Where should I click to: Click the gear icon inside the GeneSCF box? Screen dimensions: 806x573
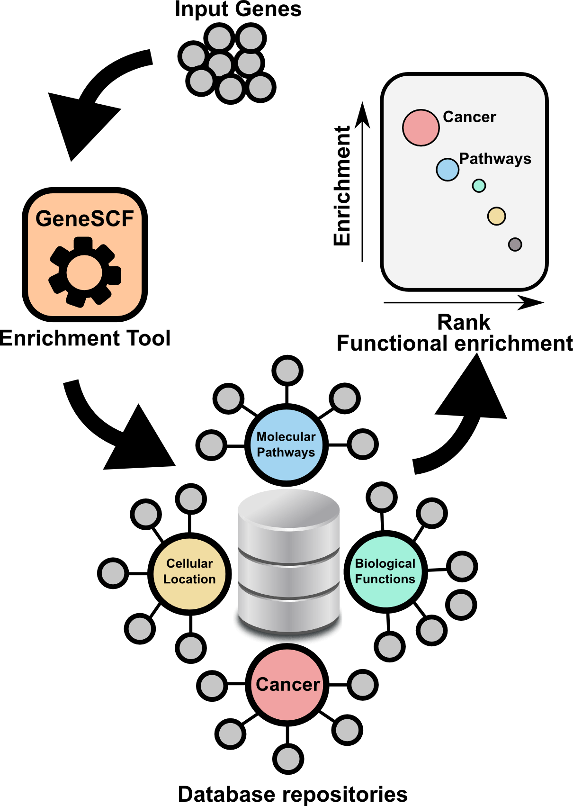pyautogui.click(x=85, y=272)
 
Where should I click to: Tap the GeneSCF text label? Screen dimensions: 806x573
pyautogui.click(x=85, y=218)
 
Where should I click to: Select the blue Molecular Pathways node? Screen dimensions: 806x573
pyautogui.click(x=286, y=444)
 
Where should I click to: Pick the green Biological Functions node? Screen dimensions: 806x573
pyautogui.click(x=385, y=571)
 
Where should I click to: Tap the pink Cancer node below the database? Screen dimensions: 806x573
pyautogui.click(x=287, y=685)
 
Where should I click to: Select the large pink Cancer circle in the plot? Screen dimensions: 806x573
pyautogui.click(x=421, y=127)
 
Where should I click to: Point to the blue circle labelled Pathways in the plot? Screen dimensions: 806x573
pyautogui.click(x=448, y=170)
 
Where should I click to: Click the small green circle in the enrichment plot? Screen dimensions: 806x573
pyautogui.click(x=479, y=186)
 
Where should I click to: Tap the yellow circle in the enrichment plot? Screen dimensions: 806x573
pyautogui.click(x=496, y=216)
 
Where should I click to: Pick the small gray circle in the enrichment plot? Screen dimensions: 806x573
pyautogui.click(x=515, y=245)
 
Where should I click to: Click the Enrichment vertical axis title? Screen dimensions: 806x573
pyautogui.click(x=342, y=186)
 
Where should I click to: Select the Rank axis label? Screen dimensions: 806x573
pyautogui.click(x=463, y=322)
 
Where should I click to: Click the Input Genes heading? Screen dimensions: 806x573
pyautogui.click(x=238, y=9)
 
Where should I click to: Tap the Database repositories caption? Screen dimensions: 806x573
pyautogui.click(x=293, y=794)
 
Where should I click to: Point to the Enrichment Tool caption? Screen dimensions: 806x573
pyautogui.click(x=85, y=338)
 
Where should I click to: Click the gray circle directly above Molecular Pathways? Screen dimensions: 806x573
pyautogui.click(x=287, y=371)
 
